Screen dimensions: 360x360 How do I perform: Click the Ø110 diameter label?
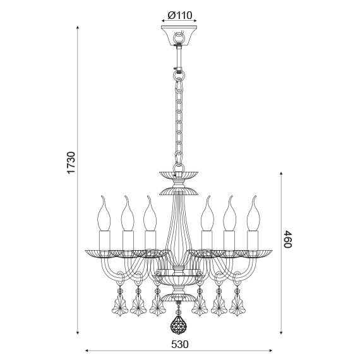point(179,15)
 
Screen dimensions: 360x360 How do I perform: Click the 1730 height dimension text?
point(71,163)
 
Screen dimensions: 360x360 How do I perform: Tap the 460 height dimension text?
point(287,239)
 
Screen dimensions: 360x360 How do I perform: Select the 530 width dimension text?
point(180,345)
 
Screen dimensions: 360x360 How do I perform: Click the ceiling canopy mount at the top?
point(179,35)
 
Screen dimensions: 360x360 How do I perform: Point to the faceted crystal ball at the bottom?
point(179,325)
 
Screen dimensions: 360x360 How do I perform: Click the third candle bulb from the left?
point(150,213)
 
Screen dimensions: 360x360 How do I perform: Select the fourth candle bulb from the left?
point(207,213)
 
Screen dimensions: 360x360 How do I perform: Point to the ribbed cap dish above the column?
point(179,173)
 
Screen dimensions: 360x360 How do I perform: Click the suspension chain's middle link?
point(179,117)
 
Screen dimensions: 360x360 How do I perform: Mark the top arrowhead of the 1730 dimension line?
point(78,28)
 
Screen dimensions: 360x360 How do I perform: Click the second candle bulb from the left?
point(127,213)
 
